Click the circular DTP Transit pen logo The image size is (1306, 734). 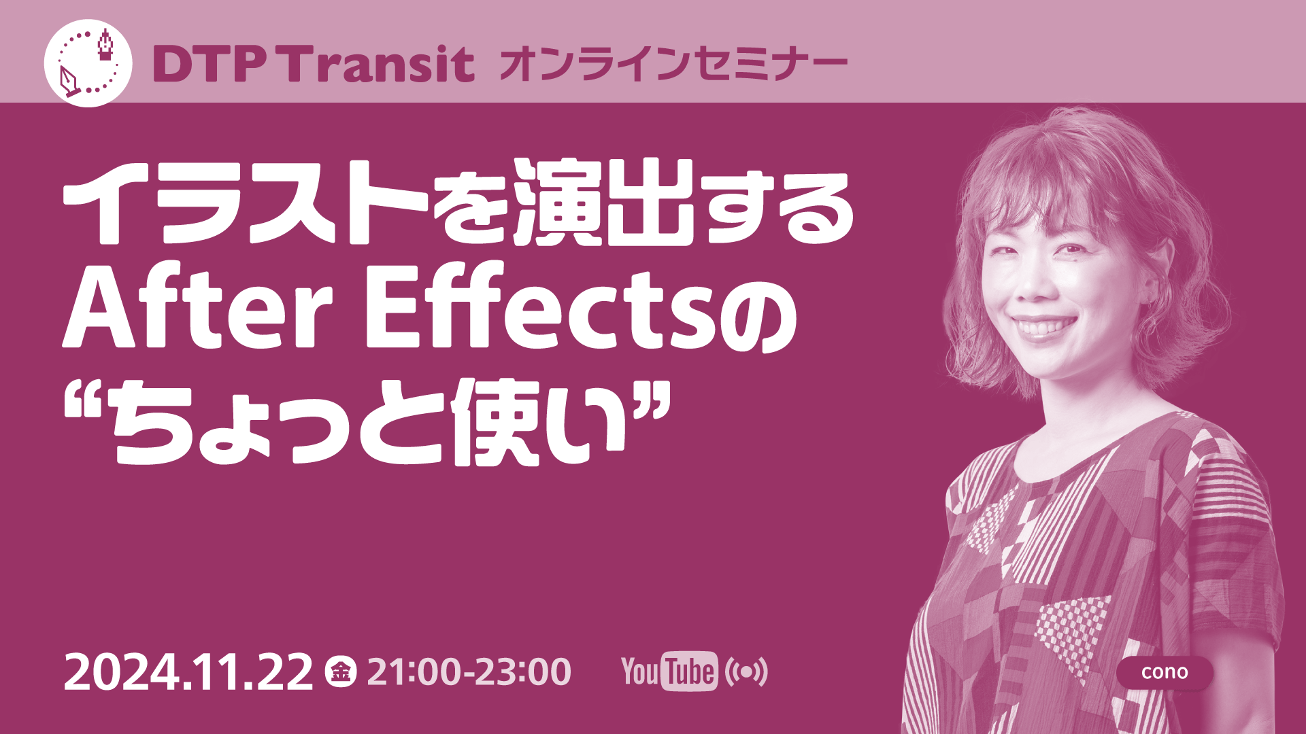(88, 63)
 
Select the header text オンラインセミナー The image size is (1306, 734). (673, 64)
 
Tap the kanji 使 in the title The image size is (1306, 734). (495, 422)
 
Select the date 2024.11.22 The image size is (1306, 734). (188, 672)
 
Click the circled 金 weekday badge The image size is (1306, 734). (340, 672)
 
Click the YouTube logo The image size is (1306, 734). (669, 671)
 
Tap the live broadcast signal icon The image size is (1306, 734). (746, 672)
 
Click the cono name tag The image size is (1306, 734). (1165, 672)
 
